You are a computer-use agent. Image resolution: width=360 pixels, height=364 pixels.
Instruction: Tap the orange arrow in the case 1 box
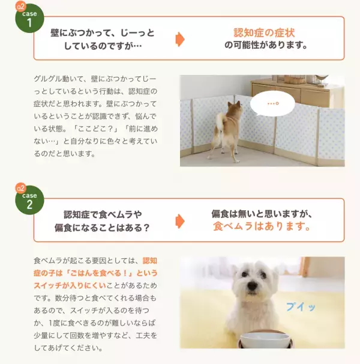click(x=179, y=39)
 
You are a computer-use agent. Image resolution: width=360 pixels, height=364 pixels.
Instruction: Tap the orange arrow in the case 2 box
click(x=179, y=220)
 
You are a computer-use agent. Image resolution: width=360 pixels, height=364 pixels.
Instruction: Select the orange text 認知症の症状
click(x=264, y=32)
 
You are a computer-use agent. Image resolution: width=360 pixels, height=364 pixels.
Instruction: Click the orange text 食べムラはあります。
click(x=262, y=227)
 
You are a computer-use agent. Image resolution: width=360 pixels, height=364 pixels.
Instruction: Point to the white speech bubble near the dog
click(x=274, y=105)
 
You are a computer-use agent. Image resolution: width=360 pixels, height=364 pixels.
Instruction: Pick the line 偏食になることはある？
click(x=102, y=228)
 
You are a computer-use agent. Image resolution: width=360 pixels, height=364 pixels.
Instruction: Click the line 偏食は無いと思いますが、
click(x=262, y=214)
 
